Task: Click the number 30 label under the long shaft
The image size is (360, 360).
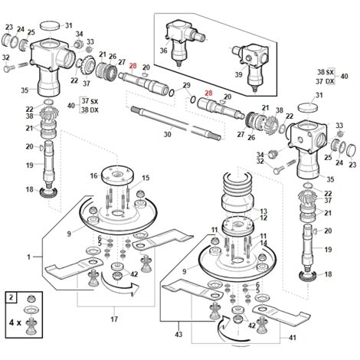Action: [x=167, y=134]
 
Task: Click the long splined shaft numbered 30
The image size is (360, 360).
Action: [x=176, y=123]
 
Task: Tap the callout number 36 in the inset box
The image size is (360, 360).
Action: [x=164, y=51]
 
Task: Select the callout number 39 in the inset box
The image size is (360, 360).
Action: [x=238, y=74]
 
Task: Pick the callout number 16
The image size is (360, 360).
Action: [x=93, y=175]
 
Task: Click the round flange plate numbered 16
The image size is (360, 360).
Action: [x=117, y=175]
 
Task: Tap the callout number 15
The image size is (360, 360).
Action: [x=146, y=178]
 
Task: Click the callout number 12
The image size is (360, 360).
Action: [x=263, y=218]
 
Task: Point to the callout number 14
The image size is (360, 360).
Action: [x=263, y=243]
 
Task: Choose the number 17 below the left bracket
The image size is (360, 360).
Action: [x=114, y=319]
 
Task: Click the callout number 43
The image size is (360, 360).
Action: [x=178, y=334]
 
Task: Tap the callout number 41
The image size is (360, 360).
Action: [x=293, y=338]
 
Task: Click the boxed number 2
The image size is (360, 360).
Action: [x=11, y=297]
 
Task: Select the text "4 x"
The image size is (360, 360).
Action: [x=15, y=322]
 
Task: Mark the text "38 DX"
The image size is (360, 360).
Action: [x=90, y=110]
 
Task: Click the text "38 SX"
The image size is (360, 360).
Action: [x=326, y=72]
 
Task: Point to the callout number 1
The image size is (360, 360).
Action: [x=28, y=257]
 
